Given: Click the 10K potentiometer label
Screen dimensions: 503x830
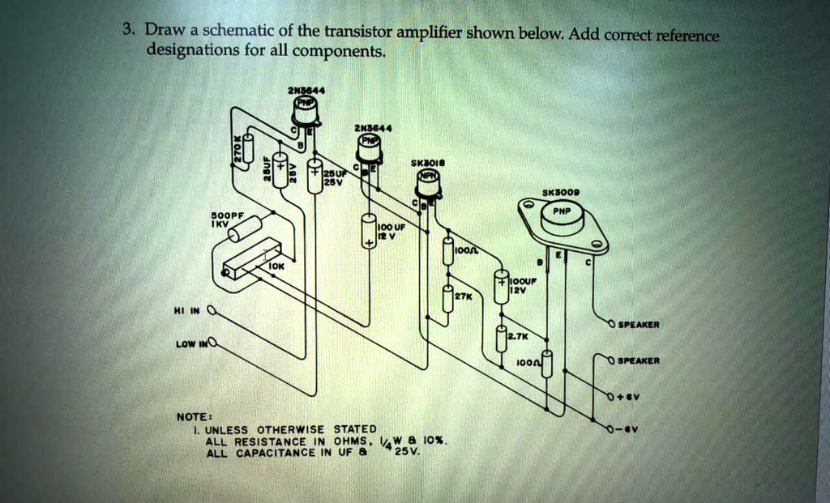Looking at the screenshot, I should [276, 265].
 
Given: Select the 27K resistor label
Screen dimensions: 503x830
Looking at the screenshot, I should [462, 297].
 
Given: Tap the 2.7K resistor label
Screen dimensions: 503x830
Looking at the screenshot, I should [517, 335].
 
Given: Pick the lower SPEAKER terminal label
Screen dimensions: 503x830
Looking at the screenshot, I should [638, 360].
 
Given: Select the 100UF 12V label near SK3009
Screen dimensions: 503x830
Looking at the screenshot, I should [521, 283].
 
